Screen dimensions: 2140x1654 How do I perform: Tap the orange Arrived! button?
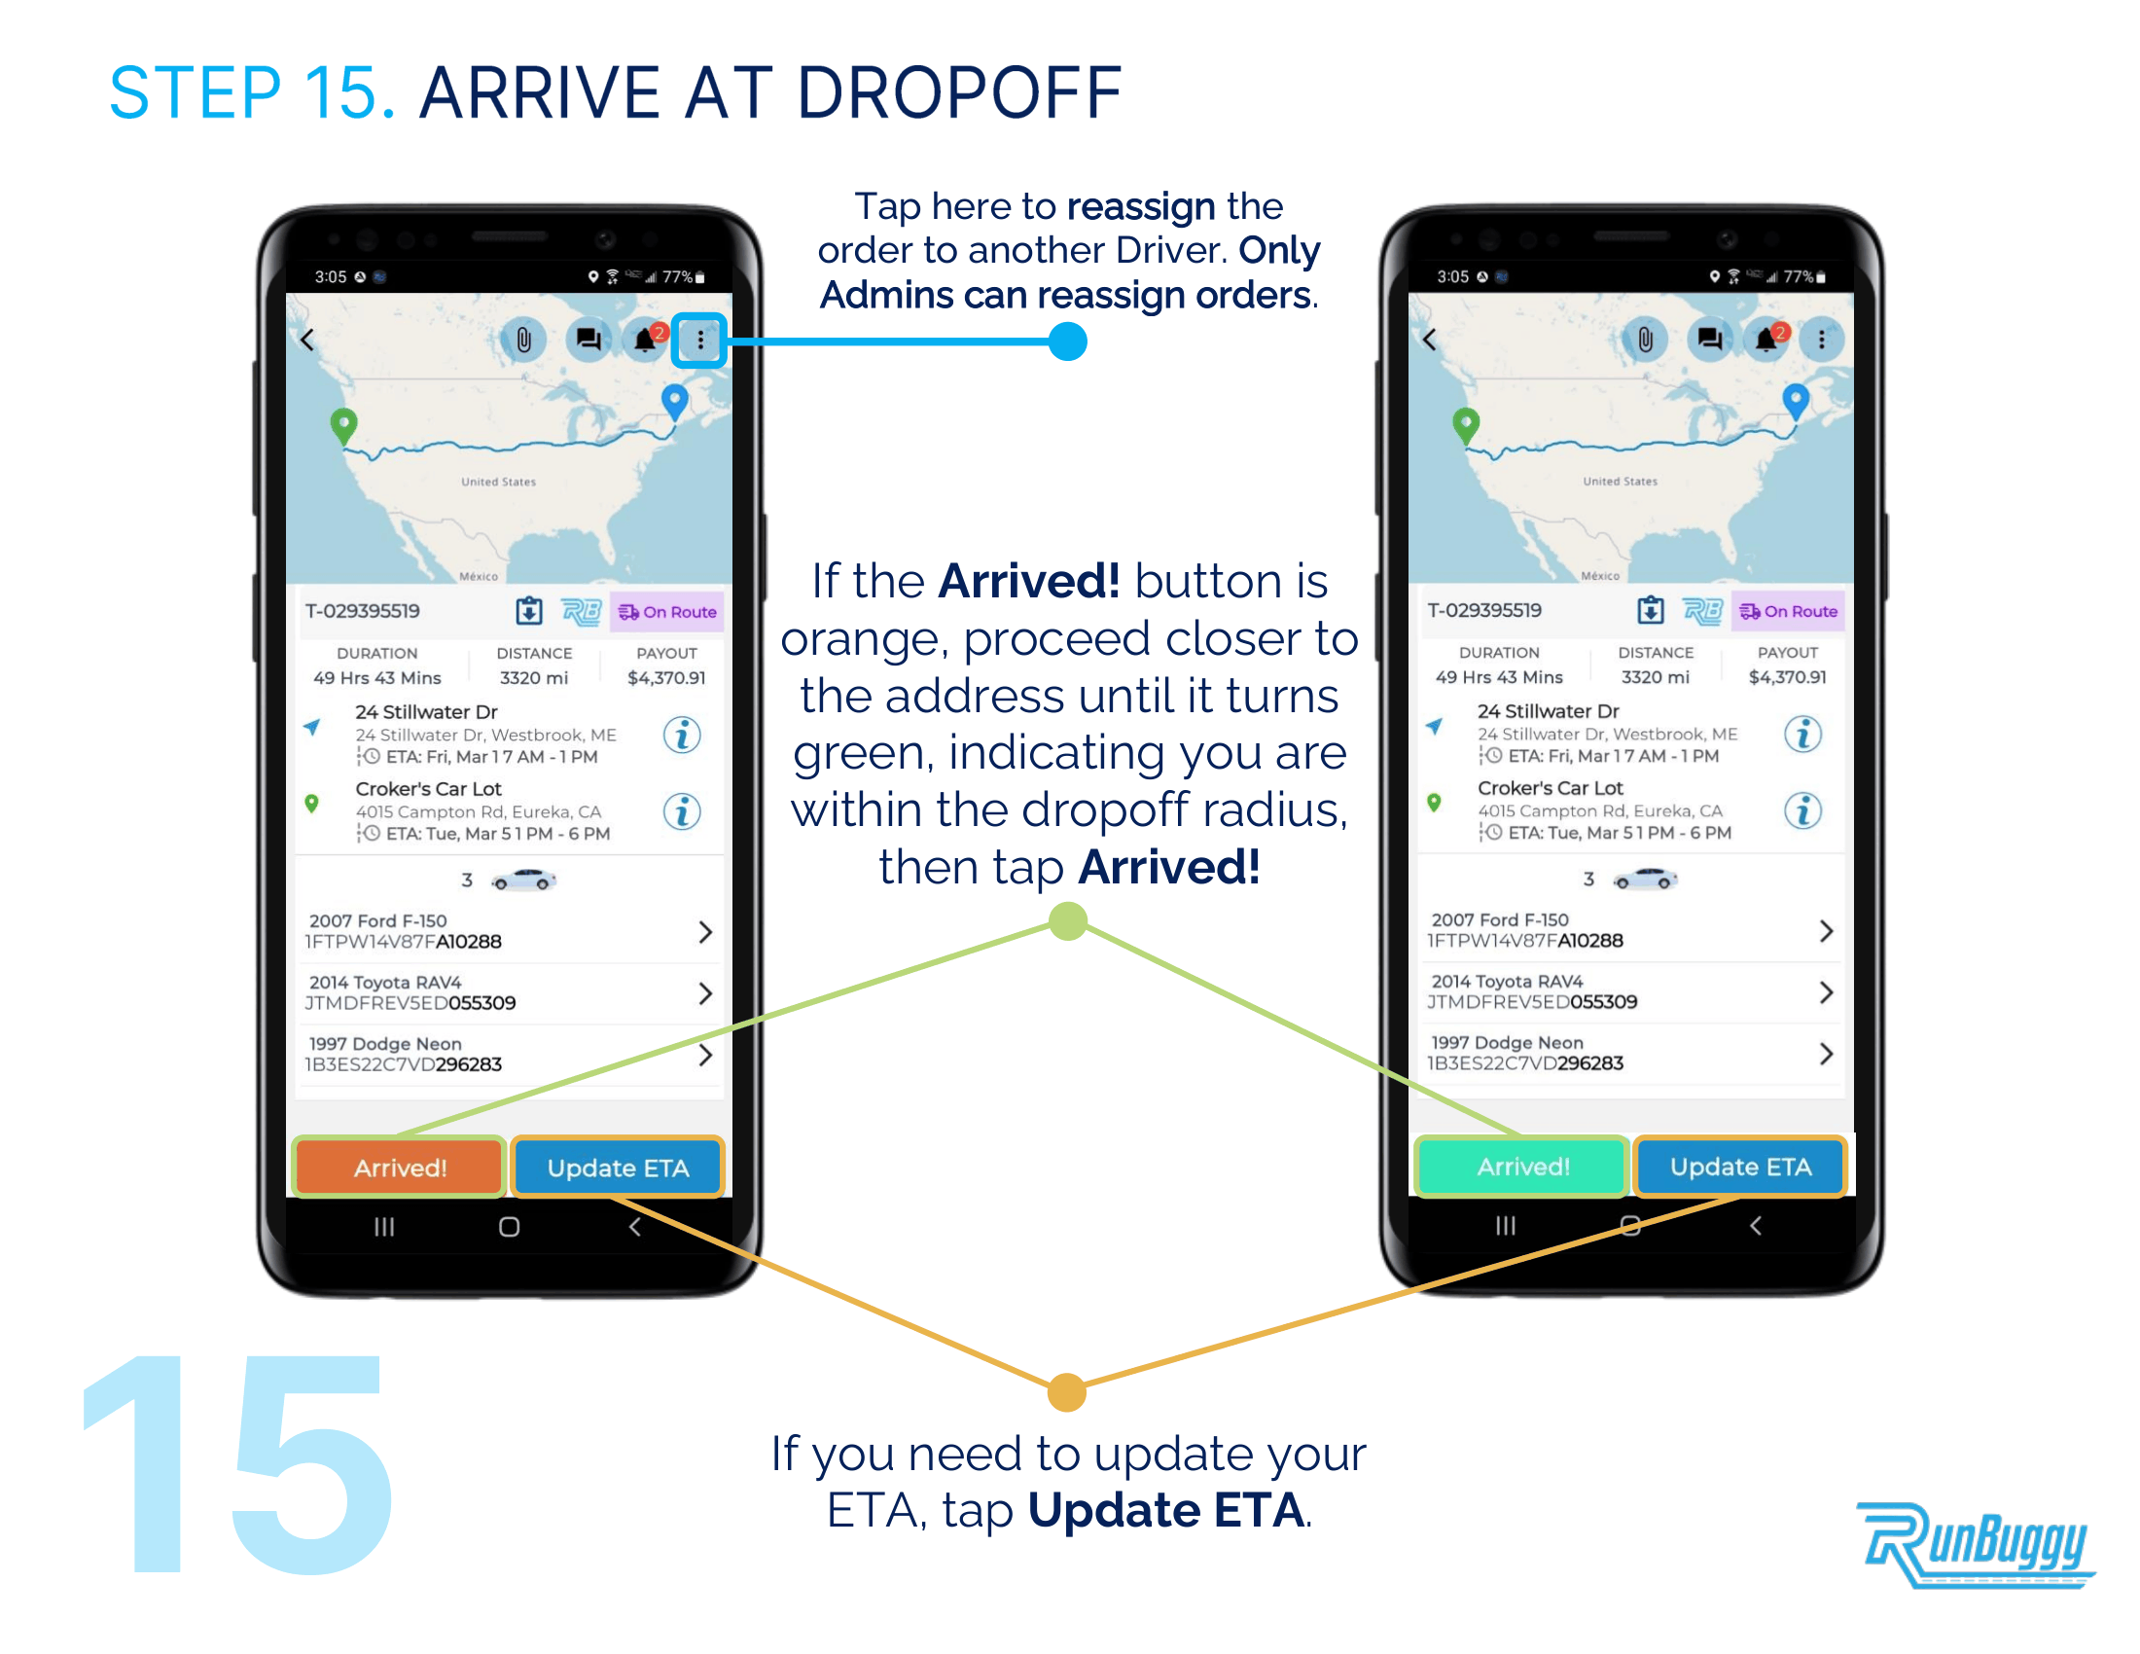400,1167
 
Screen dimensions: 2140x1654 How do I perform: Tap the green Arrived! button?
1522,1166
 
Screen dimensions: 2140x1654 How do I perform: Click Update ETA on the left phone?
618,1167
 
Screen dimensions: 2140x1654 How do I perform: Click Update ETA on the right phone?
1740,1166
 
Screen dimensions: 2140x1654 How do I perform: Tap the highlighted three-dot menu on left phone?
699,340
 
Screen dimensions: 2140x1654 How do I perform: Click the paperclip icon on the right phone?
1645,339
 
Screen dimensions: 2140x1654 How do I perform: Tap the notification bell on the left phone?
645,340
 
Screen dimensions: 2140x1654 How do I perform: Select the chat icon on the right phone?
1710,339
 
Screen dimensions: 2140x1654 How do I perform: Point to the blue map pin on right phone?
1795,401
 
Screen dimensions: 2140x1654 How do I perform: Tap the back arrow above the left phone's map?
307,340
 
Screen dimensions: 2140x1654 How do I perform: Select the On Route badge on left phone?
667,611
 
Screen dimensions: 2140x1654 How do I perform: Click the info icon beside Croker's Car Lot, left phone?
682,811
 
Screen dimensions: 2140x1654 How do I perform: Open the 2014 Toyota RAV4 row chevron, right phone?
1826,991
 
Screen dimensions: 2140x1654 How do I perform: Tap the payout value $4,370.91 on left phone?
666,677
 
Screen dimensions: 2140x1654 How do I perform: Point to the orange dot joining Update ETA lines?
1066,1392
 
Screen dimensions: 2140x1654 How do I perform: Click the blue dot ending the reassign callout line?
1067,341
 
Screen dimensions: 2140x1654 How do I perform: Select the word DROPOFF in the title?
959,93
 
